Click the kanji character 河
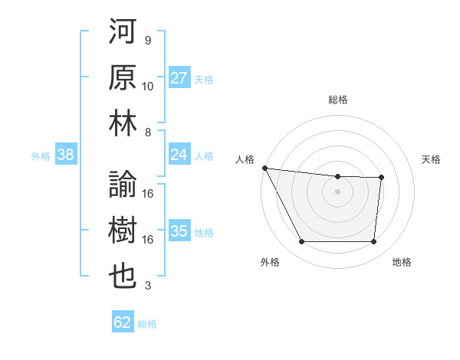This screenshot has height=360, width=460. [x=123, y=33]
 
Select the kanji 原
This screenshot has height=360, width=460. [x=123, y=78]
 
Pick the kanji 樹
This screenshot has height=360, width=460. [x=123, y=231]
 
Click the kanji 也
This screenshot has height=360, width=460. [x=123, y=276]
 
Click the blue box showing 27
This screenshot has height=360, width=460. [x=179, y=78]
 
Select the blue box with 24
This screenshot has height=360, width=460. [x=179, y=155]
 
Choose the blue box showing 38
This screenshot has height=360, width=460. [x=65, y=155]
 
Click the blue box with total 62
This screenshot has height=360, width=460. [x=123, y=322]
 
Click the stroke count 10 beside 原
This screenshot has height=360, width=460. [x=148, y=86]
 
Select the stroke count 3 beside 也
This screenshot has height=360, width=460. [x=147, y=286]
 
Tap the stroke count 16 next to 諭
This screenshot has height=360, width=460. [x=148, y=194]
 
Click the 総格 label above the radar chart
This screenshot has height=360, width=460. [x=337, y=100]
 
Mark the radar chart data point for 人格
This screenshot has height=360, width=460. [x=264, y=168]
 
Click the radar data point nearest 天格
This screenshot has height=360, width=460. [x=381, y=178]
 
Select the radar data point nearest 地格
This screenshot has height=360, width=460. [x=373, y=242]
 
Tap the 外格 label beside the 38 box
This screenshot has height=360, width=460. [x=41, y=155]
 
